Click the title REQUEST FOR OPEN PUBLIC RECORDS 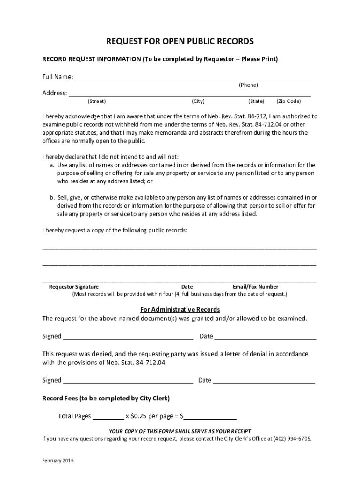tap(180, 42)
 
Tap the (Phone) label tap(248, 85)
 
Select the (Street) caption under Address tap(97, 101)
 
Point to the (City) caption tap(198, 101)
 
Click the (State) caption tap(256, 101)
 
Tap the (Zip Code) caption tap(288, 101)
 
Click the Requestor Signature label tap(74, 287)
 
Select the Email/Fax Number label tap(255, 287)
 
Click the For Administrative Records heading tap(180, 310)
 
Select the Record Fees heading tap(106, 399)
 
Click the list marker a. tap(52, 165)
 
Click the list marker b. tap(52, 197)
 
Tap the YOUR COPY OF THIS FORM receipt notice tap(180, 431)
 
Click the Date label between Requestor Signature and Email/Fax tap(187, 287)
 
